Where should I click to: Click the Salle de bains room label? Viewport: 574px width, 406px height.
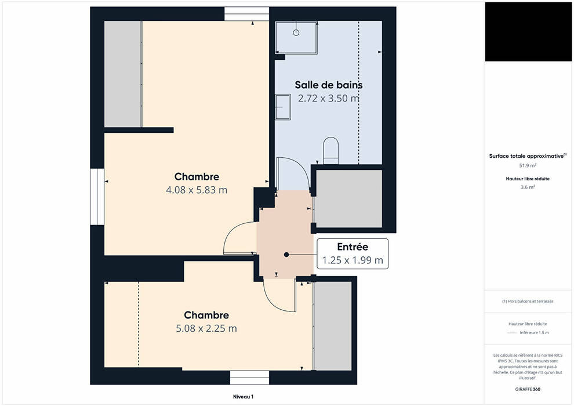pyautogui.click(x=329, y=85)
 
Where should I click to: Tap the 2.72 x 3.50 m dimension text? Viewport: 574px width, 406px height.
pyautogui.click(x=329, y=98)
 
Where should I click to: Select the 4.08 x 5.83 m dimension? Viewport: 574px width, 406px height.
pyautogui.click(x=197, y=190)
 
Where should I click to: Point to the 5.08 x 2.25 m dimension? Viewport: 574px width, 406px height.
pyautogui.click(x=206, y=328)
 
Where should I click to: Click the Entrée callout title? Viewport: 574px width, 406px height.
pyautogui.click(x=353, y=246)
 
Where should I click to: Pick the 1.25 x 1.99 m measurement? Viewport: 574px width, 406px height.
pyautogui.click(x=353, y=260)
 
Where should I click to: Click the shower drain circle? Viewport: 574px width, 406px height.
pyautogui.click(x=296, y=32)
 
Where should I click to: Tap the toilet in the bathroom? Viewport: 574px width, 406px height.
pyautogui.click(x=331, y=150)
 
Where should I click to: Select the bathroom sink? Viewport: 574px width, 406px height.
pyautogui.click(x=282, y=107)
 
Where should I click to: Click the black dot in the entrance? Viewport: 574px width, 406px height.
pyautogui.click(x=286, y=255)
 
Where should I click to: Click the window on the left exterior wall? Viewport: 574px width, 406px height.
pyautogui.click(x=97, y=196)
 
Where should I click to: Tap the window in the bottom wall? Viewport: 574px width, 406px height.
pyautogui.click(x=249, y=378)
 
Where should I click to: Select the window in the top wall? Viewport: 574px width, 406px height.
pyautogui.click(x=246, y=14)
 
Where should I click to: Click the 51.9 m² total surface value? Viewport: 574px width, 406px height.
pyautogui.click(x=528, y=165)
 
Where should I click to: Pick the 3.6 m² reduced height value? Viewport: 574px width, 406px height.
pyautogui.click(x=528, y=187)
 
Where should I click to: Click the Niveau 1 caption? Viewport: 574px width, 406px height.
pyautogui.click(x=243, y=397)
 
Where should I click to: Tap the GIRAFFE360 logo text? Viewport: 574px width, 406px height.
pyautogui.click(x=528, y=389)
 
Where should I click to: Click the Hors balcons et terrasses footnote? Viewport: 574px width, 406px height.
pyautogui.click(x=528, y=301)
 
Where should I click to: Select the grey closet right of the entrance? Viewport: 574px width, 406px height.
pyautogui.click(x=348, y=199)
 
